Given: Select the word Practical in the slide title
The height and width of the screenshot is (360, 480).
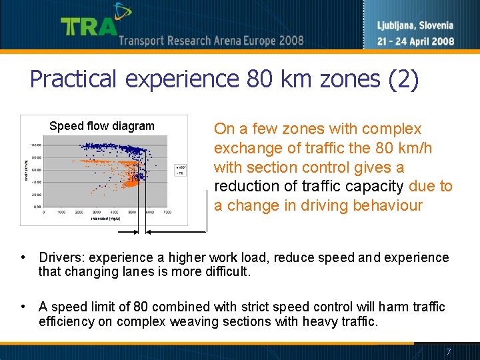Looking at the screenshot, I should (x=74, y=80).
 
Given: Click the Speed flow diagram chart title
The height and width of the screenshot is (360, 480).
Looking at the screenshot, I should (x=102, y=126).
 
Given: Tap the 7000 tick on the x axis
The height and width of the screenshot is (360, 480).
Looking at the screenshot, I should (x=167, y=212).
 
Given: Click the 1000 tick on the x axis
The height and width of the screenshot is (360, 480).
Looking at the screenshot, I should (x=61, y=212).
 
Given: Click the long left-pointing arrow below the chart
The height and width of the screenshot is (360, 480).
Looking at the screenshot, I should (x=129, y=232).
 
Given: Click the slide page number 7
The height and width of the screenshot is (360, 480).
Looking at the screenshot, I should (x=449, y=351).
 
